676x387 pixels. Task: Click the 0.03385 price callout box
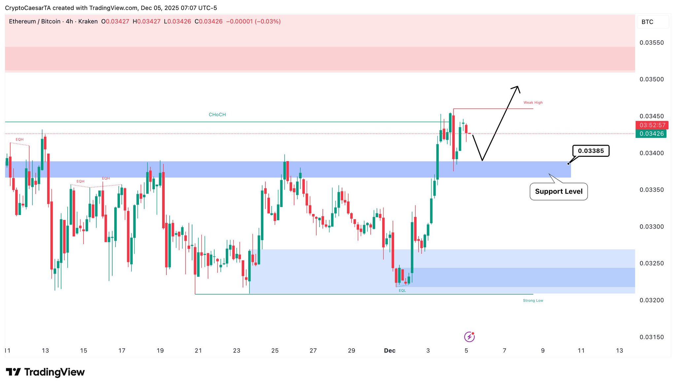tap(591, 151)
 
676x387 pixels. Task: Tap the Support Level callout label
tap(558, 192)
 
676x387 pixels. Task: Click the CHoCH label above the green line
tap(217, 115)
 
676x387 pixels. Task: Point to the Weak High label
tap(533, 103)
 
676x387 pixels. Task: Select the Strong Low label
tap(533, 300)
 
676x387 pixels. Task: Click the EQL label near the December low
tap(402, 291)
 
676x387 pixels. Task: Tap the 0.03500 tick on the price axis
tap(651, 79)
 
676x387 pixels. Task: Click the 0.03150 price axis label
tap(651, 337)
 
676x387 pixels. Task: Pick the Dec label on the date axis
tap(389, 351)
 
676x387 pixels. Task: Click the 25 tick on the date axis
tap(275, 351)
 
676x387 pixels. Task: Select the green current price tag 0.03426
tap(651, 134)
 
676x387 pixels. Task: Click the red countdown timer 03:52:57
tap(652, 125)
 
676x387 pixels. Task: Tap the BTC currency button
tap(647, 22)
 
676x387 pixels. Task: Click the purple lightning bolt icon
tap(469, 337)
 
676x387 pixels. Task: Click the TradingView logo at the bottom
tap(45, 372)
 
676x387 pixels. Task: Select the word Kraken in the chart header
tap(88, 21)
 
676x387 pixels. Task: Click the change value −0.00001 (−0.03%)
tap(253, 21)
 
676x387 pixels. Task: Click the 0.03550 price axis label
tap(651, 43)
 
